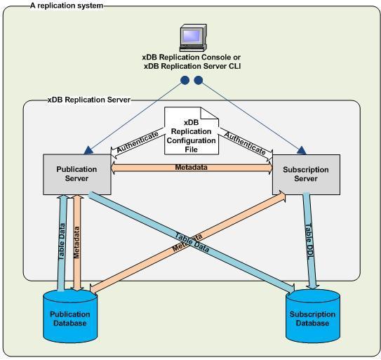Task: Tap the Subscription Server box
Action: click(300, 173)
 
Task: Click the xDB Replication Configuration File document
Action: click(192, 131)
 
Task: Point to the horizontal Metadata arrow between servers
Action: click(192, 167)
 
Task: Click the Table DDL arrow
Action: click(309, 239)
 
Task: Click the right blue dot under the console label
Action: click(198, 81)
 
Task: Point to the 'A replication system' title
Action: click(66, 5)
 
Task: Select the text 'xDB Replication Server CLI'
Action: click(191, 65)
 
